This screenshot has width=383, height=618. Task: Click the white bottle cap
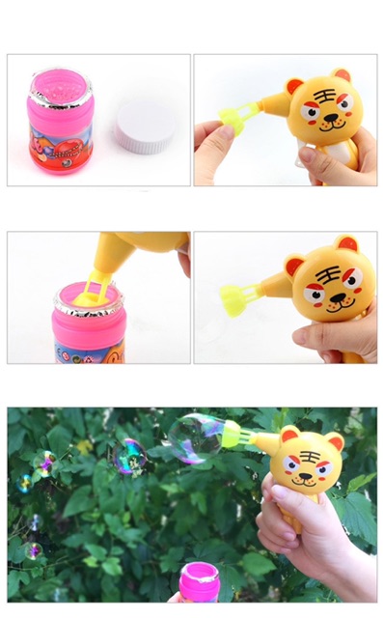click(x=143, y=126)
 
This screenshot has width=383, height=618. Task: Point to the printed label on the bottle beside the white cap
click(x=60, y=151)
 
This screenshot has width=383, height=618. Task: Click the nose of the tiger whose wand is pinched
click(x=329, y=121)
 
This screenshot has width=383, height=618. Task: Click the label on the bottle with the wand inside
click(x=89, y=349)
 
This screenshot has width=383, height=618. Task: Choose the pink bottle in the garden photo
click(x=199, y=581)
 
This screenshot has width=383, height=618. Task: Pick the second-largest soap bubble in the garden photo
click(x=129, y=456)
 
